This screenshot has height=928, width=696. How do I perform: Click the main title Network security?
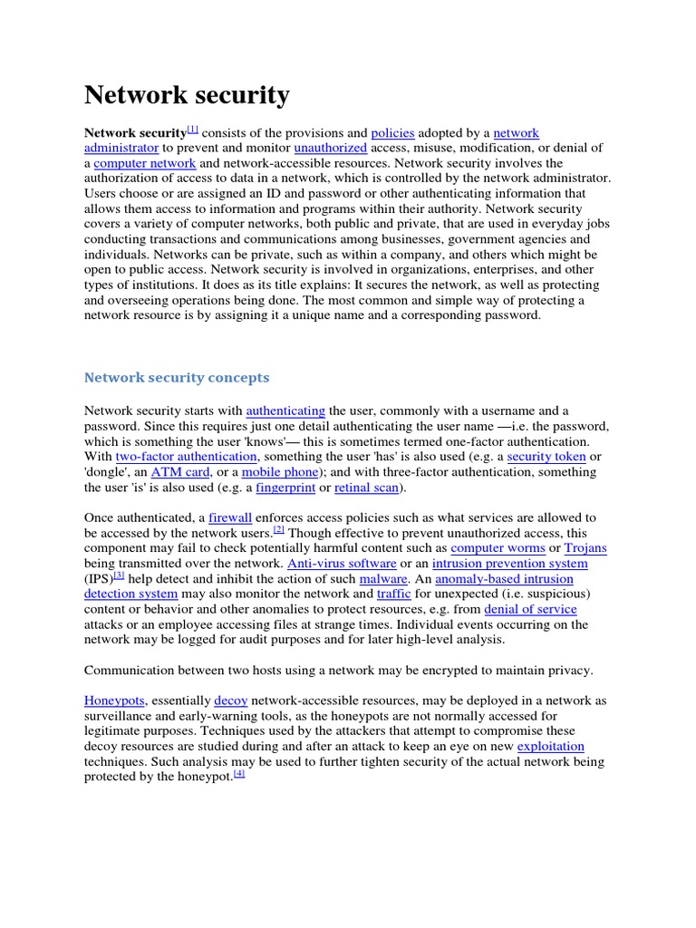point(187,95)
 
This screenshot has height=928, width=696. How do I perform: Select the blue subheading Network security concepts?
point(177,377)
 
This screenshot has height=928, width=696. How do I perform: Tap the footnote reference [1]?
point(192,130)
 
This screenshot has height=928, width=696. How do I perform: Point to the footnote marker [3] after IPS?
point(119,575)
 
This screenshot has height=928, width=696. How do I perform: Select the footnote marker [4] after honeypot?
point(239,774)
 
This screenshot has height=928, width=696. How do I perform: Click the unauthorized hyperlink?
point(330,148)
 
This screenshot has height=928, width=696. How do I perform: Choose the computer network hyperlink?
point(145,163)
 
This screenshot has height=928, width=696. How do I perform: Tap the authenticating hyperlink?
point(285,411)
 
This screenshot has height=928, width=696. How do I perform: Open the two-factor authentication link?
point(186,457)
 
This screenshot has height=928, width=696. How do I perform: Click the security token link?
point(546,457)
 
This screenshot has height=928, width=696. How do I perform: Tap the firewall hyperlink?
point(229,518)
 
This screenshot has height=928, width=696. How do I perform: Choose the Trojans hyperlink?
point(585,548)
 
